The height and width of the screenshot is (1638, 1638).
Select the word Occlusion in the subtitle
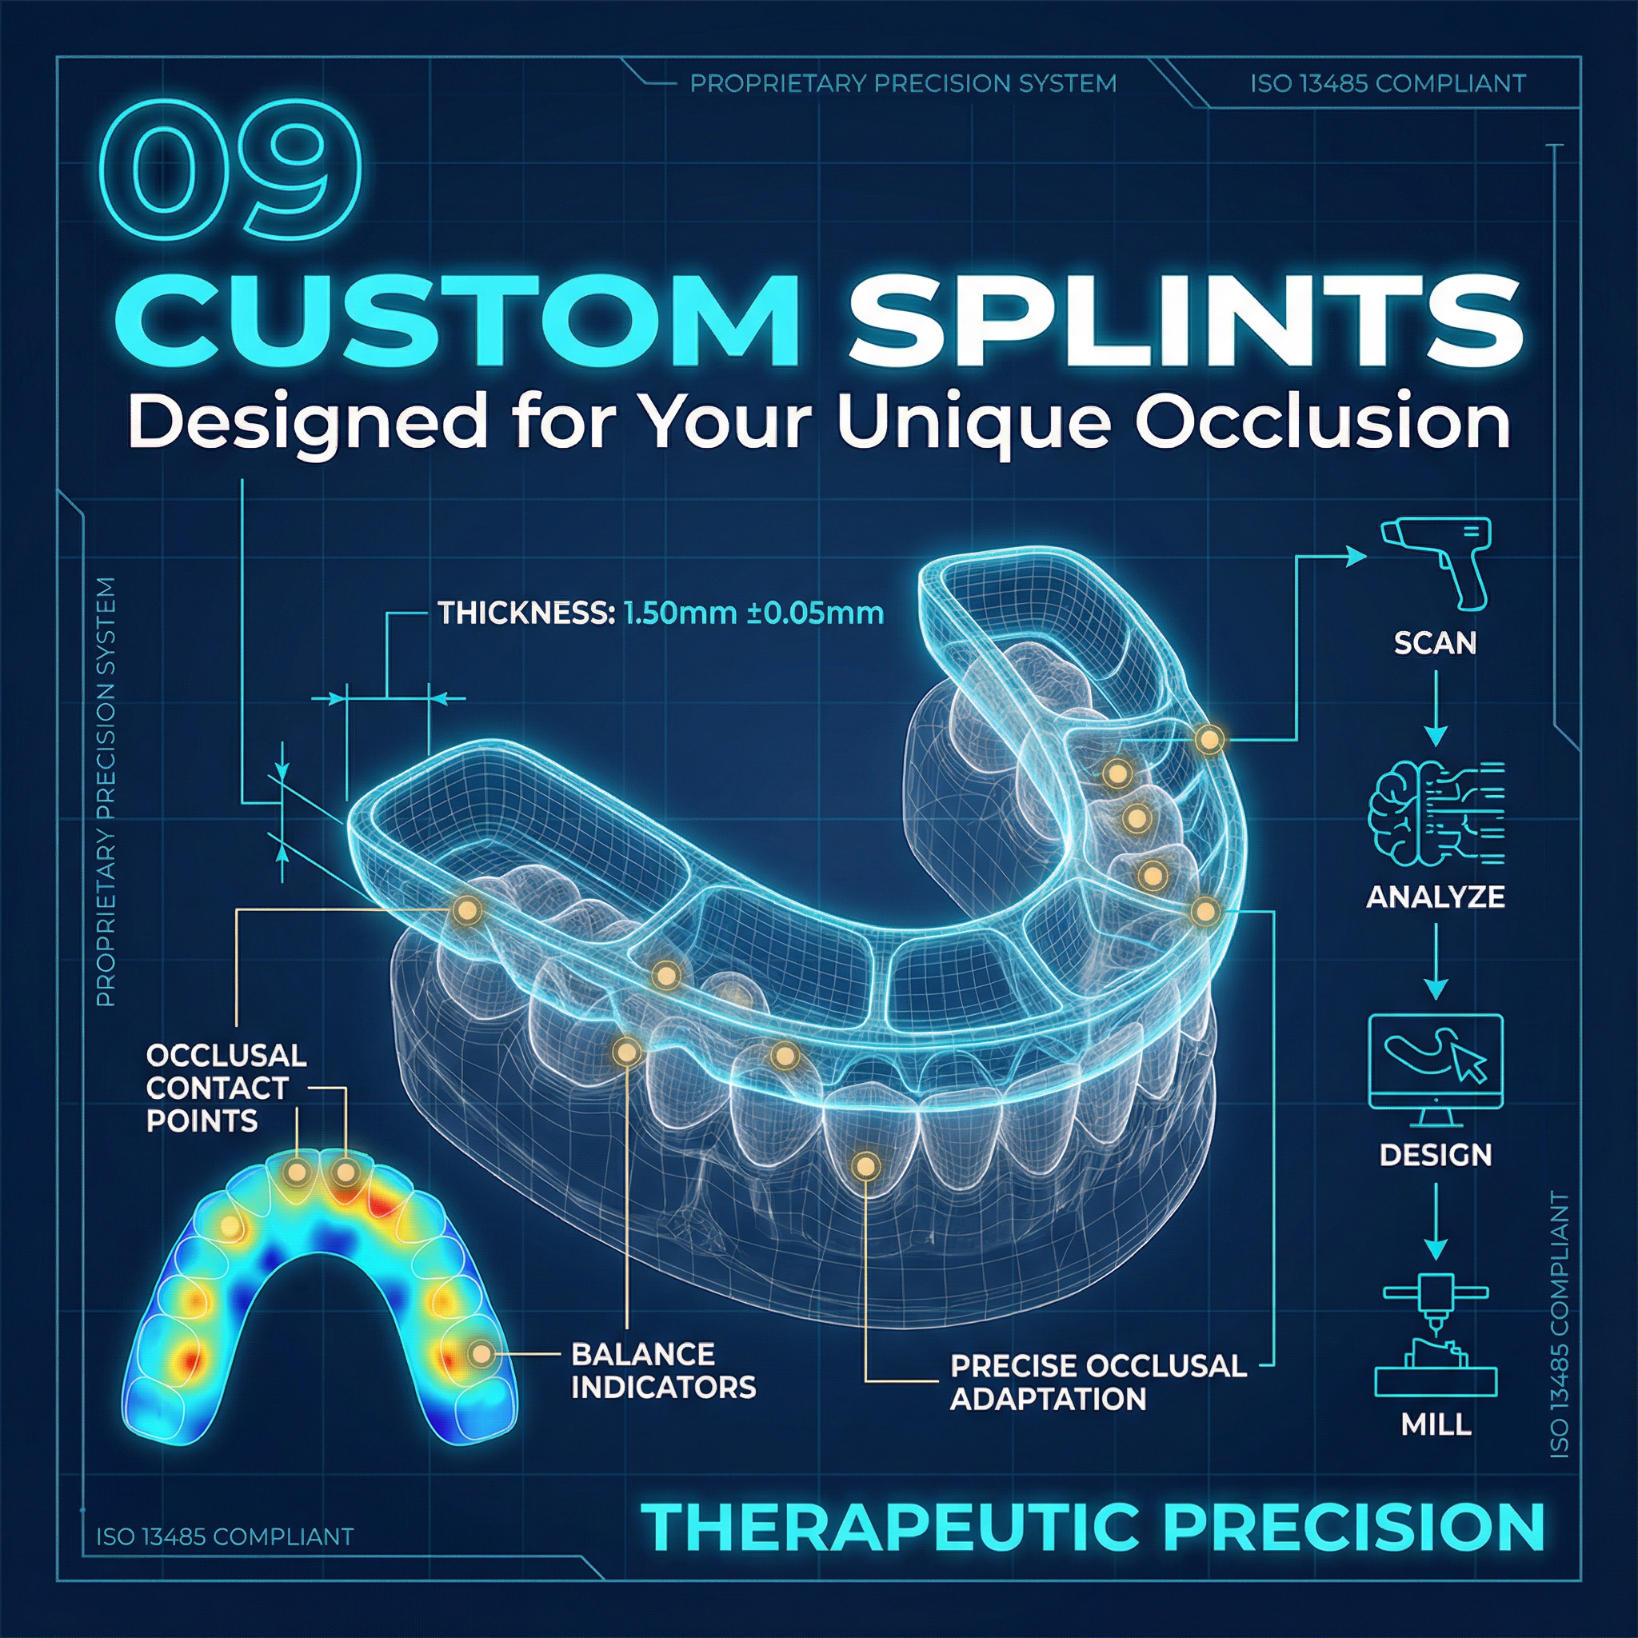(x=1323, y=421)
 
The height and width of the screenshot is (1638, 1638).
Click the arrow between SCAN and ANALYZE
(x=1436, y=709)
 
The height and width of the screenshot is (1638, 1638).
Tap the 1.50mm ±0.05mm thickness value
(x=753, y=613)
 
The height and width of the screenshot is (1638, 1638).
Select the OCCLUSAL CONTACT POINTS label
(x=226, y=1089)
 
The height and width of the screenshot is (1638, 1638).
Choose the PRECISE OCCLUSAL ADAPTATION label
(x=1097, y=1382)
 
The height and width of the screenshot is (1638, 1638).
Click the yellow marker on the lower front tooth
(x=865, y=1167)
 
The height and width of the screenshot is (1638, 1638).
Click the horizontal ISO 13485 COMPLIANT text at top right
(x=1387, y=84)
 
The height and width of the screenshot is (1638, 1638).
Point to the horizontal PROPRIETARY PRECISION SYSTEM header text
(x=902, y=84)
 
